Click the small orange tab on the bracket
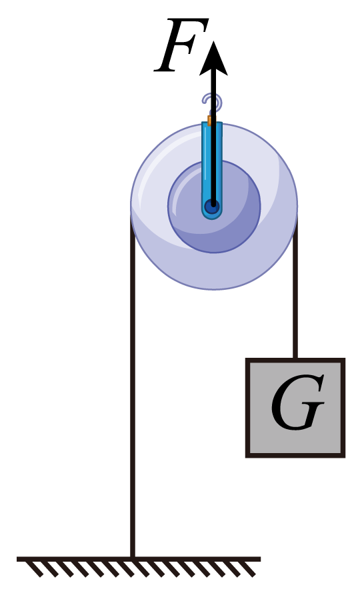pos(209,121)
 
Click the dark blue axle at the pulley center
pos(212,207)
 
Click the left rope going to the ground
pos(133,386)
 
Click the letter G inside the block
pos(297,402)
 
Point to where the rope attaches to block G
pos(295,358)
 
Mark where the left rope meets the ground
pos(133,558)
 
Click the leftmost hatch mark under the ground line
pos(35,569)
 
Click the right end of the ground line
pos(261,559)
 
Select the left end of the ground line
pos(17,559)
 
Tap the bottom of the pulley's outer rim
pos(214,289)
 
